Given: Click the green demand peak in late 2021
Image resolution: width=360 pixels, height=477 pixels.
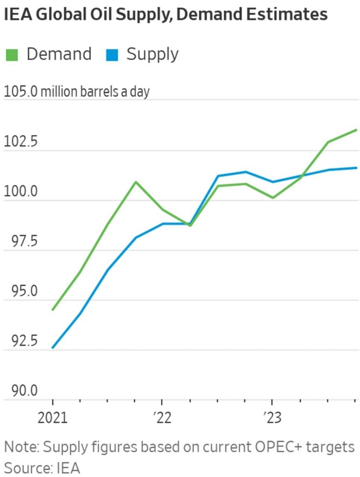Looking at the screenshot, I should pyautogui.click(x=135, y=182).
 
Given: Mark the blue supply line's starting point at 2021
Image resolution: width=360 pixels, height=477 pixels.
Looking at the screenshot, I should pyautogui.click(x=53, y=348).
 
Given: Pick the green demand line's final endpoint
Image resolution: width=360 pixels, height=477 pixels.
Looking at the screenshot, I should pyautogui.click(x=356, y=130).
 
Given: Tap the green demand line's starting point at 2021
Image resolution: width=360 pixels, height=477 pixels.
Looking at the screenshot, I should pyautogui.click(x=53, y=310).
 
